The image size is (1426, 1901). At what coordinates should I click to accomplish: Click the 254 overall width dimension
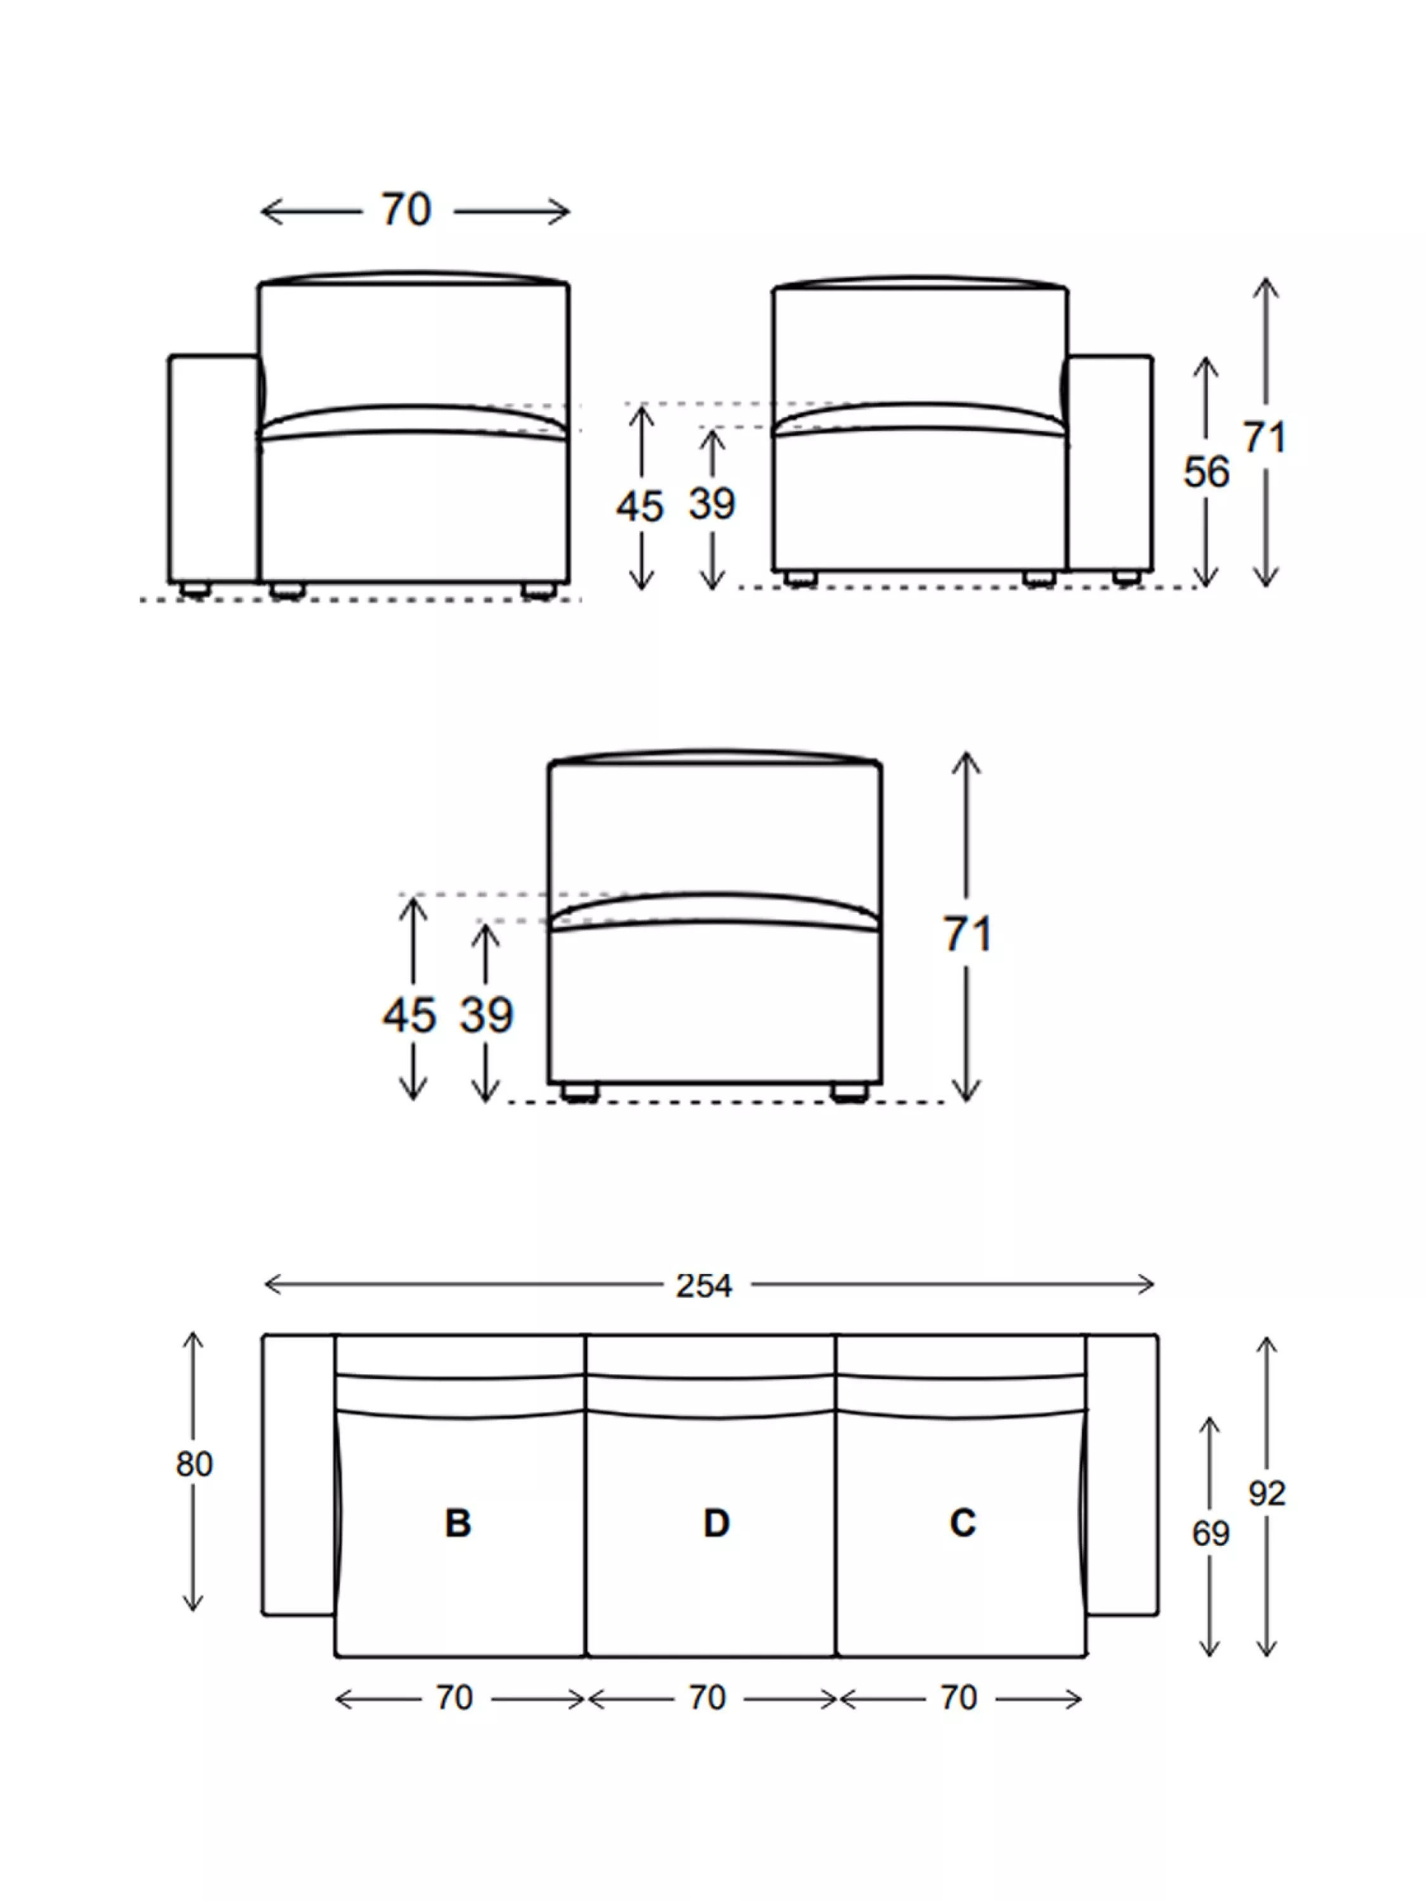[703, 1286]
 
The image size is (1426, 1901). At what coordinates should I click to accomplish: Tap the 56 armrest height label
[1206, 473]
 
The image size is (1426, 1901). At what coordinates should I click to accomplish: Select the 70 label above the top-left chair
[406, 210]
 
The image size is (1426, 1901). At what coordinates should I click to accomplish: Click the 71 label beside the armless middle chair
[968, 934]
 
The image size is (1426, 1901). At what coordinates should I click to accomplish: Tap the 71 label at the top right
[1264, 438]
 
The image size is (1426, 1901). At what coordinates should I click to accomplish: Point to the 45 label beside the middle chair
[410, 1016]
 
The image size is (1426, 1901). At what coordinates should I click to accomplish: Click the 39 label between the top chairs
[712, 504]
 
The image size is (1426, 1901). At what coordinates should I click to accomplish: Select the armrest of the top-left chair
[212, 468]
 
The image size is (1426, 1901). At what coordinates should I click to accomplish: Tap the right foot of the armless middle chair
[849, 1092]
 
